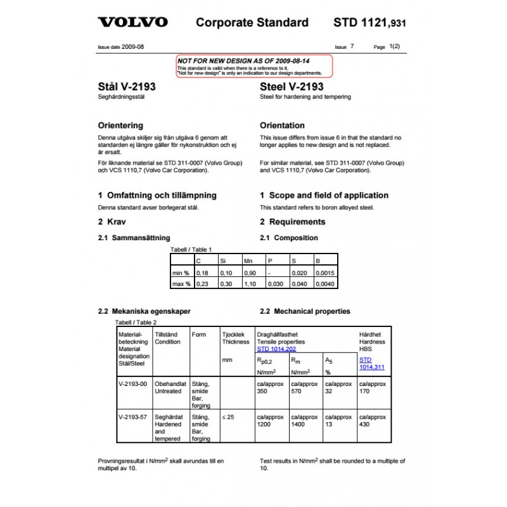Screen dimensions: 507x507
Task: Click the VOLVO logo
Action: click(132, 22)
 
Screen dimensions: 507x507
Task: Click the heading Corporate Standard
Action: click(252, 23)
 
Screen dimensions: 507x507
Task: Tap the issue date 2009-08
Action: click(132, 47)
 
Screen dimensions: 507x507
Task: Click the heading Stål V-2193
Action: click(127, 87)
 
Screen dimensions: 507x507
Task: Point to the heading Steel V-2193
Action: click(292, 87)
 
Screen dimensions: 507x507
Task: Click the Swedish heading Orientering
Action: click(120, 125)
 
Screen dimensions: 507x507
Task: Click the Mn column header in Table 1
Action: click(248, 260)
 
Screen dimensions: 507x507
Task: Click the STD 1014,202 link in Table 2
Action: click(276, 349)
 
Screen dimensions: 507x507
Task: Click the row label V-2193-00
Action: click(132, 384)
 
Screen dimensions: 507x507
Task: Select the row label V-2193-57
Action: click(132, 418)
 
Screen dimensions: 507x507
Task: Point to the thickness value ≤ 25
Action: click(228, 418)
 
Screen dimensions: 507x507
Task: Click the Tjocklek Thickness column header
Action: click(235, 338)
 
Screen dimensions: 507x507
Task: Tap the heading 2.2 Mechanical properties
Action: click(305, 311)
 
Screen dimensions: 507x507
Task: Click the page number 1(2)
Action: click(394, 46)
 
